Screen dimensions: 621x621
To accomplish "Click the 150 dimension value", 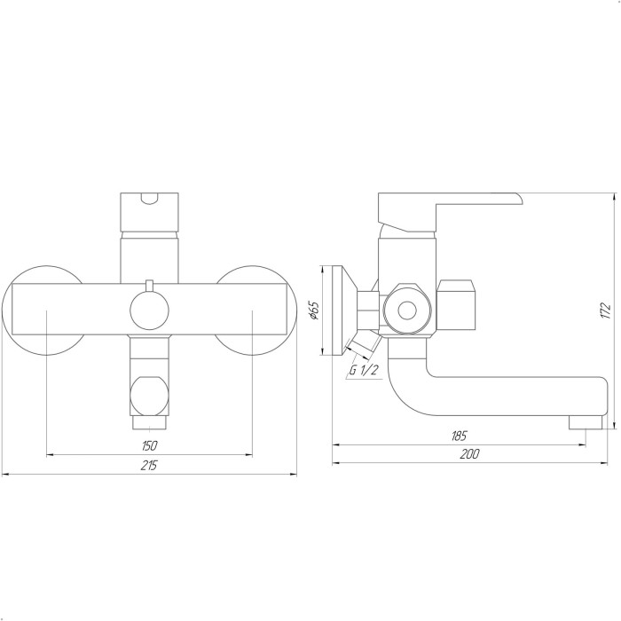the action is (x=149, y=445).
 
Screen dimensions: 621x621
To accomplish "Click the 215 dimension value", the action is (x=149, y=465).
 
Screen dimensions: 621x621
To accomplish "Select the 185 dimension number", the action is (x=459, y=436).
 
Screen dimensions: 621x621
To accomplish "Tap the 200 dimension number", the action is (x=469, y=454).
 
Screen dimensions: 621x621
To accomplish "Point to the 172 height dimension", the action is (x=605, y=310).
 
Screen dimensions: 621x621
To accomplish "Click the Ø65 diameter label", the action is (x=313, y=310).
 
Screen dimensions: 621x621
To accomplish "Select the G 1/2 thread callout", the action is (x=364, y=370).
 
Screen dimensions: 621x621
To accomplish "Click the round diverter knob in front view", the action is (x=149, y=310).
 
